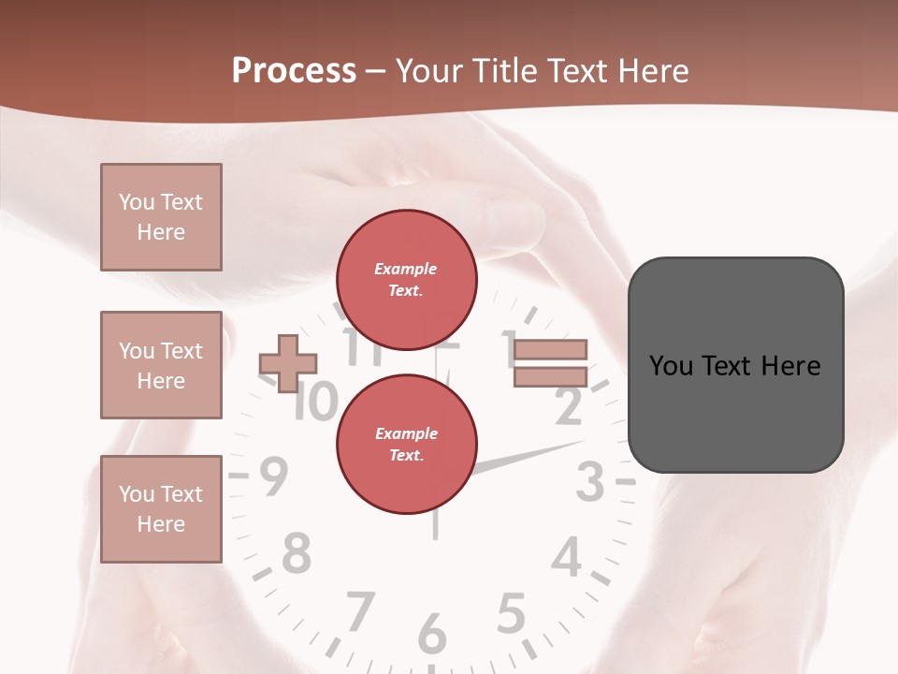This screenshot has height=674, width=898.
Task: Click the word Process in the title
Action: pos(294,71)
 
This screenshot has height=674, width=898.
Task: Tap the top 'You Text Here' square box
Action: pos(161,217)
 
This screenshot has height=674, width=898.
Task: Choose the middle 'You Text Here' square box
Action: pos(161,365)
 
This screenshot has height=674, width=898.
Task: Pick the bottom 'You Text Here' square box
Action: pos(161,509)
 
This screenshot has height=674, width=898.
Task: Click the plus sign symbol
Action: pos(288,363)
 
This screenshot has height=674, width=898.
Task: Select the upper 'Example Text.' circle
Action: pos(407,280)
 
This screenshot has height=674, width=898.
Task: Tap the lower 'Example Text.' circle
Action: pos(407,444)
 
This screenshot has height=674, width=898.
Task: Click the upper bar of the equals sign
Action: pos(550,349)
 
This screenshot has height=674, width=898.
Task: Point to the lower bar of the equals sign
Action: pos(550,376)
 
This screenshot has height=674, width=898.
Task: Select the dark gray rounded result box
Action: pos(735,365)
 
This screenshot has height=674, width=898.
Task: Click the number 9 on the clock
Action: pos(272,477)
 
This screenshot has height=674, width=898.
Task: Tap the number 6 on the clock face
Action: pos(431,634)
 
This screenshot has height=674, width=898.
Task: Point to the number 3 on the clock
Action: pos(591,482)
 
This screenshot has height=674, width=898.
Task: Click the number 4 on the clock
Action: pos(567,559)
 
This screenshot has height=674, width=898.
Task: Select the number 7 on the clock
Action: pos(359,611)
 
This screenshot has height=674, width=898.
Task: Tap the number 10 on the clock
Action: pos(314,403)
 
